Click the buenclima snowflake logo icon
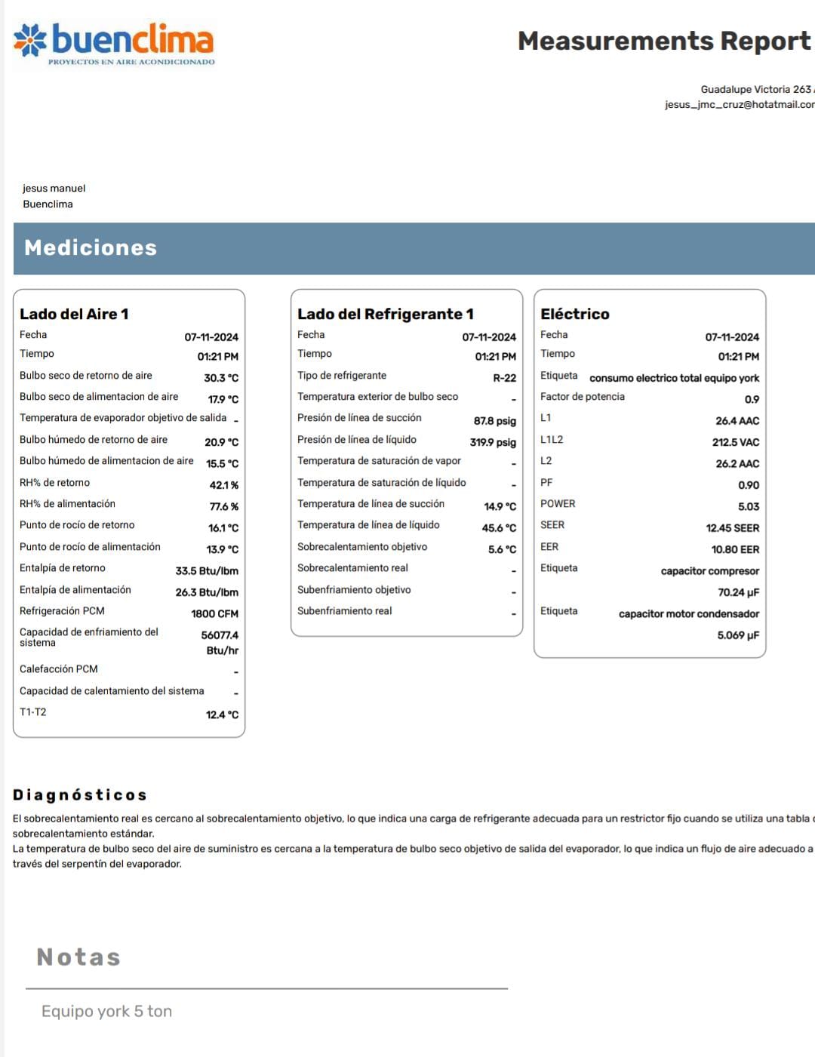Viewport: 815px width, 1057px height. (x=30, y=40)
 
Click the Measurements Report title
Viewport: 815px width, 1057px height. (x=663, y=41)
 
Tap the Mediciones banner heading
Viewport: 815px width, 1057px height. (x=91, y=248)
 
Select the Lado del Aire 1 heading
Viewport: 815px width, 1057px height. (x=74, y=314)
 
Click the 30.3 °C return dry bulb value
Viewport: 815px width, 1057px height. (x=221, y=377)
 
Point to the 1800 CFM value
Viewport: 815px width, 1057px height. (x=214, y=614)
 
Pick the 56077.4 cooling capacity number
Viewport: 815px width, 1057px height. (x=220, y=635)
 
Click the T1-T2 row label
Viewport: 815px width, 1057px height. (x=33, y=712)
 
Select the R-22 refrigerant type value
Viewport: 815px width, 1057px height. (x=504, y=378)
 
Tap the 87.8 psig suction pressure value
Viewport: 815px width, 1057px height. (x=495, y=421)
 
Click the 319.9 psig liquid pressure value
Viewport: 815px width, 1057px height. (x=493, y=442)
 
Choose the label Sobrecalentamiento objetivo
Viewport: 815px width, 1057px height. (x=362, y=547)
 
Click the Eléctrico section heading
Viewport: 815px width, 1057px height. (x=575, y=314)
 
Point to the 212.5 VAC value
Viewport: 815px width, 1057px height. (x=736, y=442)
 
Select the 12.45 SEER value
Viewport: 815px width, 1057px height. (x=733, y=528)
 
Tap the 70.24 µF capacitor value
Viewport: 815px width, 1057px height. (x=738, y=592)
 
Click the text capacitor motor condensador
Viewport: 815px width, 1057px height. (x=689, y=614)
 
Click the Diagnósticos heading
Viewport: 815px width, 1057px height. (x=80, y=794)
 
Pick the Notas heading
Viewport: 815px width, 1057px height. (x=78, y=957)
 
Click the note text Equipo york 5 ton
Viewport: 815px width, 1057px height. (x=106, y=1011)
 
